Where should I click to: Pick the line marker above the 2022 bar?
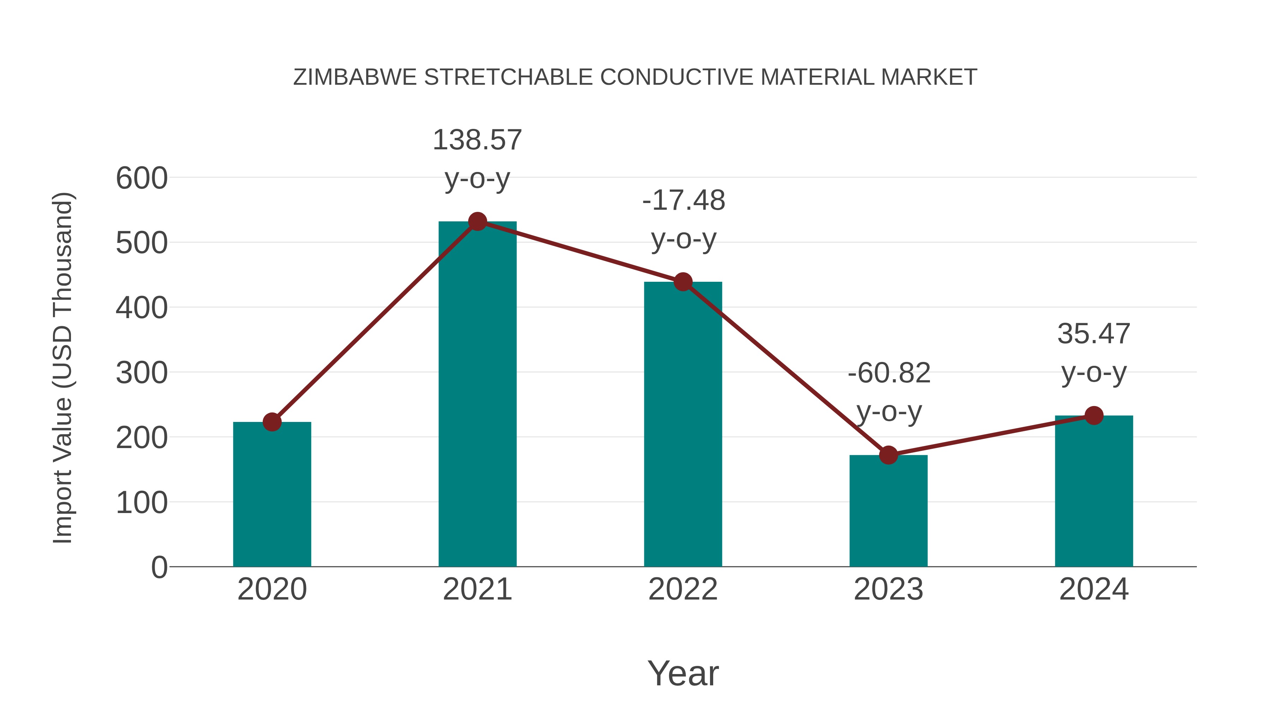pyautogui.click(x=683, y=282)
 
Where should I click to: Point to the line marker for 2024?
pyautogui.click(x=1094, y=416)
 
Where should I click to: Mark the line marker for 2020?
pyautogui.click(x=272, y=422)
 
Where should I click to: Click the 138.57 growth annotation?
pyautogui.click(x=477, y=140)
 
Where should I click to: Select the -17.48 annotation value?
pyautogui.click(x=684, y=201)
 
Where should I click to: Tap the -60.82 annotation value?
pyautogui.click(x=889, y=373)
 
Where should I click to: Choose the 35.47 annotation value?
pyautogui.click(x=1094, y=334)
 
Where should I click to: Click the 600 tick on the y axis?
pyautogui.click(x=142, y=178)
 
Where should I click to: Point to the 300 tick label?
pyautogui.click(x=142, y=373)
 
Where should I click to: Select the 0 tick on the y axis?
pyautogui.click(x=159, y=567)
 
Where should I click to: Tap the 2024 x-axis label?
pyautogui.click(x=1094, y=589)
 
